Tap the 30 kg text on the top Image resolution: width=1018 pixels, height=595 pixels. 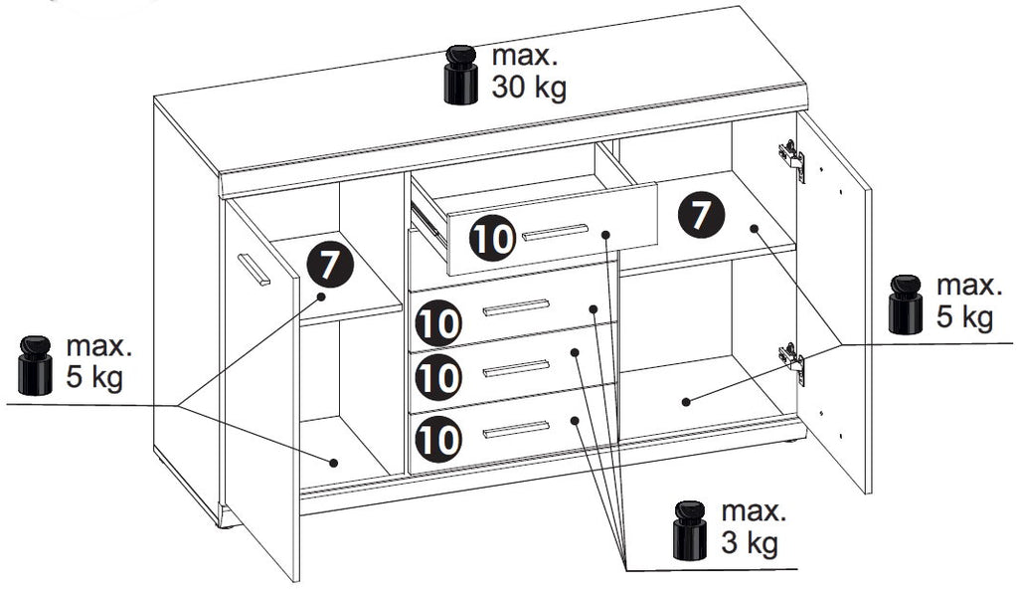coord(529,87)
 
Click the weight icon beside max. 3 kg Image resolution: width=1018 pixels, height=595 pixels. coord(690,530)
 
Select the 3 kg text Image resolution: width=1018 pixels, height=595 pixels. coord(750,542)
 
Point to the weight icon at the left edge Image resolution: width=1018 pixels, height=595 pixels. coord(35,365)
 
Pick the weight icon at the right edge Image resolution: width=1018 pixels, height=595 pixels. coord(906,304)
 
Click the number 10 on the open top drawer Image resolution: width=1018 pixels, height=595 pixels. coord(492,239)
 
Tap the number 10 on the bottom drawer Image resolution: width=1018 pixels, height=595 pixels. coord(438,439)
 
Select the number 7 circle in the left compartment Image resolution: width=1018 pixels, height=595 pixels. coord(330,265)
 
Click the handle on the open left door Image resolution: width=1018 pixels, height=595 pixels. coord(254,269)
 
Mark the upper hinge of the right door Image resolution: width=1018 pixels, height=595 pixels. coord(792,160)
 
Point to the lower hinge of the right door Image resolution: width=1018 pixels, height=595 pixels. coord(792,363)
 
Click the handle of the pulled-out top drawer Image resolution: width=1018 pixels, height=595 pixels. coord(555,232)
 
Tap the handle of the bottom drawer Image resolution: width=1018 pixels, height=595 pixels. coord(516,430)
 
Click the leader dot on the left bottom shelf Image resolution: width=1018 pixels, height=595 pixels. coord(334,463)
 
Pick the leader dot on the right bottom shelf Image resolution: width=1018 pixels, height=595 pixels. coord(686,402)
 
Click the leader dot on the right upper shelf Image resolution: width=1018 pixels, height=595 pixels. coord(754,228)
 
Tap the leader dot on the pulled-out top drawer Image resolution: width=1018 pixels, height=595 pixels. coord(605,234)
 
